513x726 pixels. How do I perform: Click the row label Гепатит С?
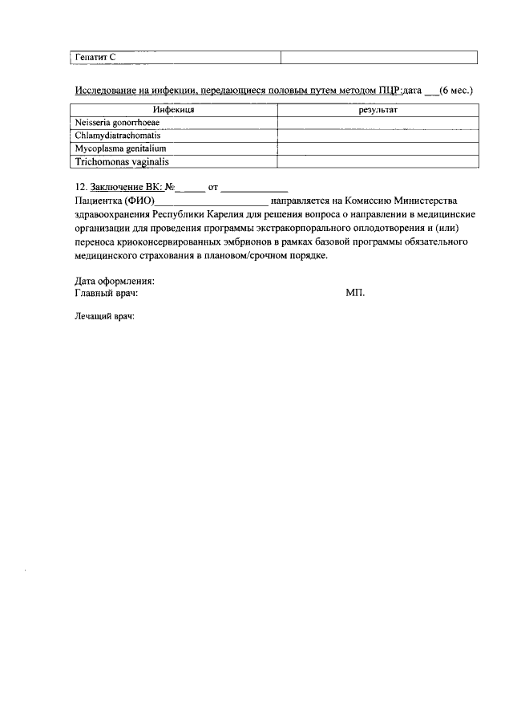coord(95,57)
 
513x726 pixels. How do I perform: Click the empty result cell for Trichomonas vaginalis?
coord(378,161)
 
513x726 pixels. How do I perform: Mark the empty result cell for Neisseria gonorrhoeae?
coord(378,122)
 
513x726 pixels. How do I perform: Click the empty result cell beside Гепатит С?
coord(378,57)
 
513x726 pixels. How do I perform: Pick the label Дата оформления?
coord(115,281)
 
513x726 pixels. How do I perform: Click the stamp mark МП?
coord(355,294)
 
